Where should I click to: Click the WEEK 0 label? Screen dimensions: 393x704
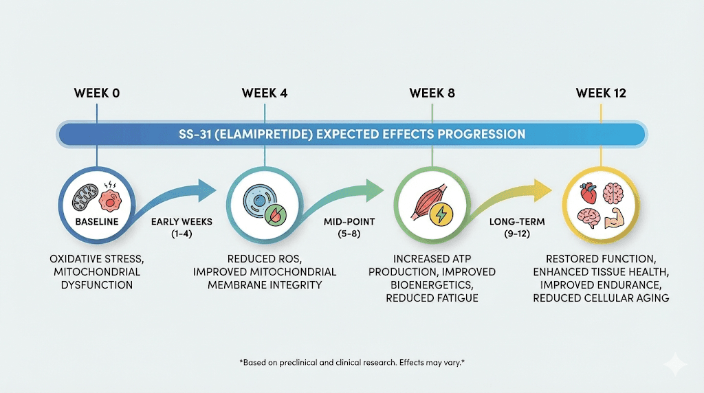(96, 93)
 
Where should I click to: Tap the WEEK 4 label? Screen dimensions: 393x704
(265, 93)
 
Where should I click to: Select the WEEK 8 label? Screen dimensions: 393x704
(432, 93)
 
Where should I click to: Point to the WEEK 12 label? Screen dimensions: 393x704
(601, 93)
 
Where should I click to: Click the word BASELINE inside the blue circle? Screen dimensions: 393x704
(96, 223)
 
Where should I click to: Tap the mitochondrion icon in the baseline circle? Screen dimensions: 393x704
(85, 195)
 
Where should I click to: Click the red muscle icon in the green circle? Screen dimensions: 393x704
(424, 200)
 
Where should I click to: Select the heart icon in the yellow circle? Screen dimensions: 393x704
(588, 193)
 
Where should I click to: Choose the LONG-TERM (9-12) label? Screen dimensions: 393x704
(509, 229)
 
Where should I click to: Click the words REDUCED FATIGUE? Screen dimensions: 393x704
(432, 297)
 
